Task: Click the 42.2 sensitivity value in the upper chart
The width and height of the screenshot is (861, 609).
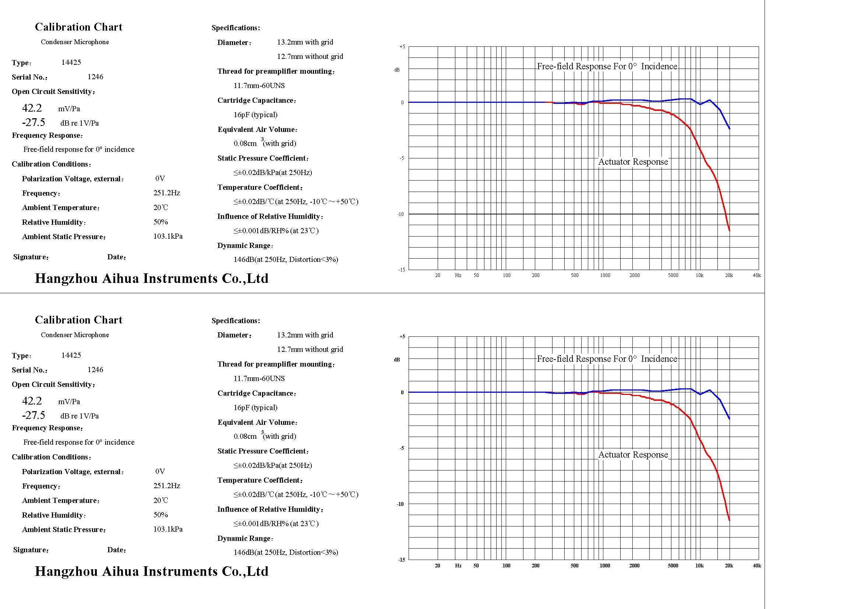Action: tap(32, 108)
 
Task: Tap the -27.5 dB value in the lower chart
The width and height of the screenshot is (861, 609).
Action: tap(33, 415)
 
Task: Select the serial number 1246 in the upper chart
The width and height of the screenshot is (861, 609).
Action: tap(95, 77)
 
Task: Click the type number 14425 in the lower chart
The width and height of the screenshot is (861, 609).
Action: tap(71, 355)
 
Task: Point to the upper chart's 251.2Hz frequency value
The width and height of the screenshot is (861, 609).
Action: tap(166, 193)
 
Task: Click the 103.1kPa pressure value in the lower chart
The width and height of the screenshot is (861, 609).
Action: tap(168, 529)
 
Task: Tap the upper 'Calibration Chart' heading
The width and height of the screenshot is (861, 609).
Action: tap(79, 27)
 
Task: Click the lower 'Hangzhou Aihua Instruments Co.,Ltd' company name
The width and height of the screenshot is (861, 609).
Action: tap(152, 571)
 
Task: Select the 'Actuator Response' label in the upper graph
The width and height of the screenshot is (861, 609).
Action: tap(633, 162)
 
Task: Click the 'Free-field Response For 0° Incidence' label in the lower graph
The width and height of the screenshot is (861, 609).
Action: tap(607, 359)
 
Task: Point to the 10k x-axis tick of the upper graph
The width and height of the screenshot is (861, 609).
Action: tap(699, 276)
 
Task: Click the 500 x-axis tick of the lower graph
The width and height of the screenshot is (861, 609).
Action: tap(575, 566)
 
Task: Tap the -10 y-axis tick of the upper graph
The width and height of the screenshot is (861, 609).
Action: tap(401, 214)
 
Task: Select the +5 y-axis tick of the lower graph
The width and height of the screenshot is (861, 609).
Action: tap(402, 337)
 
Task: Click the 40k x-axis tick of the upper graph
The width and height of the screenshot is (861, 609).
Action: tap(757, 276)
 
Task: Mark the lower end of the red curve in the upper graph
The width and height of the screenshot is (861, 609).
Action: tap(729, 230)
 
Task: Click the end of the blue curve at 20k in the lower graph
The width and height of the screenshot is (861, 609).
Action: tap(729, 419)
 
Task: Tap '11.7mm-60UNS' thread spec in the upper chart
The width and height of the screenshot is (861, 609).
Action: tap(259, 85)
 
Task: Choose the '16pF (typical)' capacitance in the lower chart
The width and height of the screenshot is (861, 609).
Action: tap(255, 407)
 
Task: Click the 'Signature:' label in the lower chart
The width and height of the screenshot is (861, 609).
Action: tap(31, 550)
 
